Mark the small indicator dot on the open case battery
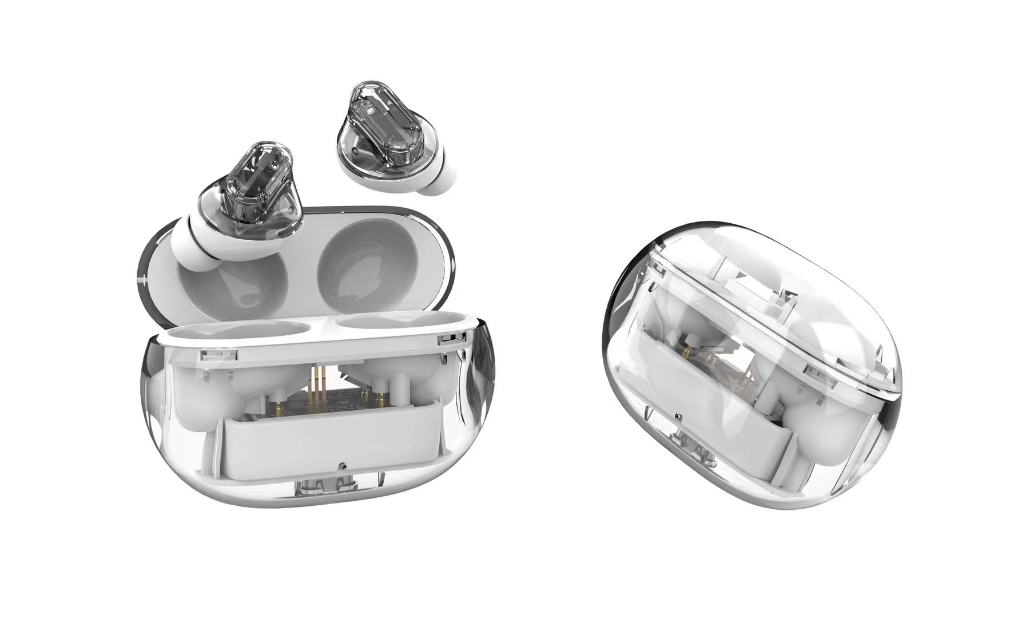[x=341, y=465]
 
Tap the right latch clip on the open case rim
[x=451, y=339]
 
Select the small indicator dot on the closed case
[x=677, y=417]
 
